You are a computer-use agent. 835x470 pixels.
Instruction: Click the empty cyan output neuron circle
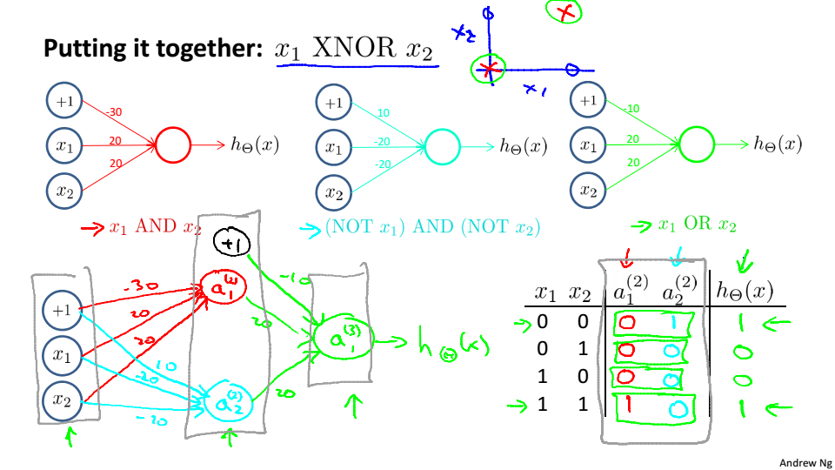coord(442,146)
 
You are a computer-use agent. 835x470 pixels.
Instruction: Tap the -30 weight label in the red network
coord(114,112)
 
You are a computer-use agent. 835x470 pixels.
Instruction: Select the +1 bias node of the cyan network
coord(333,103)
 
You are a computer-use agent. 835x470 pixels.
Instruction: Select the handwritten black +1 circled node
coord(230,245)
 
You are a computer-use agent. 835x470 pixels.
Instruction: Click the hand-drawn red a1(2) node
coord(223,288)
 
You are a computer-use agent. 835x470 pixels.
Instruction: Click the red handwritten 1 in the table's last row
coord(627,405)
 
